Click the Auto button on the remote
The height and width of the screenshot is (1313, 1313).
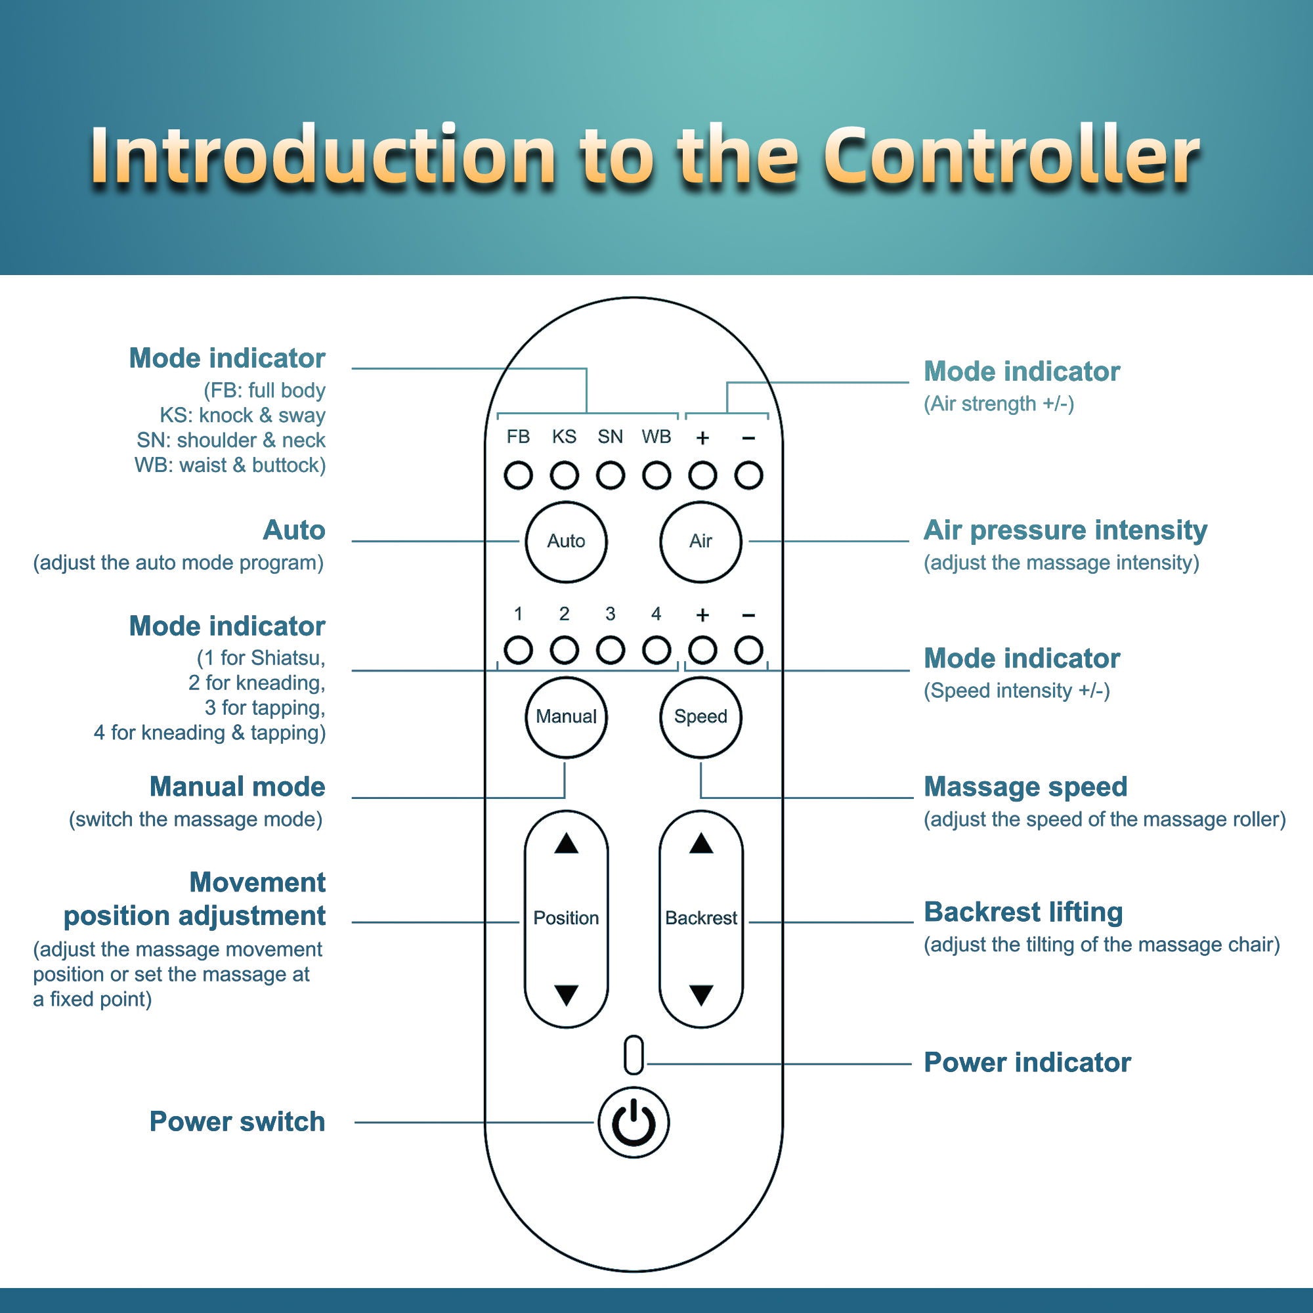point(565,542)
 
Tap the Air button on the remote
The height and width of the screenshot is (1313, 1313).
point(700,542)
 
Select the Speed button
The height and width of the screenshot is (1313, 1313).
point(700,717)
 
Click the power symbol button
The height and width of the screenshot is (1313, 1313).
point(634,1123)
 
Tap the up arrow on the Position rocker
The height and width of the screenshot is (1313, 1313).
point(565,844)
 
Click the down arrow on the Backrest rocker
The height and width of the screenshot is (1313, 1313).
point(700,995)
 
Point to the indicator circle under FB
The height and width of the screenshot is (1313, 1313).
point(518,476)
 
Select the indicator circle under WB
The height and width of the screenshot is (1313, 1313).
point(656,476)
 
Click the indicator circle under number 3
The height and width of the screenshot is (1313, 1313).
point(610,651)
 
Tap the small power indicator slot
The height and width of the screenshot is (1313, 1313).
point(634,1056)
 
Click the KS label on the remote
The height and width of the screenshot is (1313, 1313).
point(564,437)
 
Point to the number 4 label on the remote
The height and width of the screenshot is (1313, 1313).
point(656,614)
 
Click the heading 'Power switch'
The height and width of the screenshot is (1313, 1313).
point(237,1122)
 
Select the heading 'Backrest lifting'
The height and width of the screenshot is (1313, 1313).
point(1023,912)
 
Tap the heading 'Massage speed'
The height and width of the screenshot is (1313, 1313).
point(1025,787)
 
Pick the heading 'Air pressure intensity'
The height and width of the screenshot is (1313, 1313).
point(1065,530)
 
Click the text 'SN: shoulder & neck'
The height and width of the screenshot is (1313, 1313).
point(231,441)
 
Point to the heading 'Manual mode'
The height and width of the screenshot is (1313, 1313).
point(237,787)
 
